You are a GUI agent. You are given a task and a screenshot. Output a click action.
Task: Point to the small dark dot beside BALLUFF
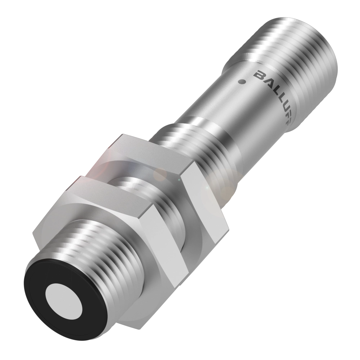(x=242, y=81)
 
